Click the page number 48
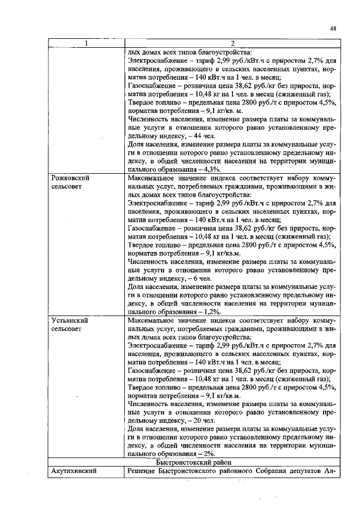[333, 28]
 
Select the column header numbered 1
[85, 43]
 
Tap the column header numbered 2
[232, 43]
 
